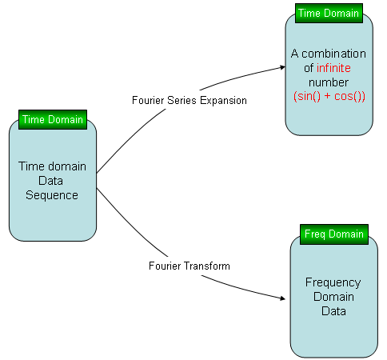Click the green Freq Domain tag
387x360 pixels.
tap(334, 234)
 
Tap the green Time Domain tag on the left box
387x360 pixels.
tap(53, 120)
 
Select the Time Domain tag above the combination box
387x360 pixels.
tap(329, 14)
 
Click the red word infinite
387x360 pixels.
tap(333, 68)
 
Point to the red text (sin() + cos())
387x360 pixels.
tap(329, 96)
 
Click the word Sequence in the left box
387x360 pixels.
tap(52, 196)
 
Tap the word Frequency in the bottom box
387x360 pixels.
tap(333, 283)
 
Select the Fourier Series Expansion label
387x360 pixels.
tap(190, 101)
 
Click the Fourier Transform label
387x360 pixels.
tap(190, 266)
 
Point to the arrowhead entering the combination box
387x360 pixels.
tap(283, 67)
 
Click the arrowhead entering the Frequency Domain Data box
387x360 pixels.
tap(283, 298)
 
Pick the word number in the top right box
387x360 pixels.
tap(329, 82)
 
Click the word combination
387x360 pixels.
tap(333, 54)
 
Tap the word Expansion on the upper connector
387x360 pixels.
tap(223, 101)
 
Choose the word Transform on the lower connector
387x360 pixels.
tap(206, 266)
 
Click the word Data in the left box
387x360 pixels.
tap(50, 181)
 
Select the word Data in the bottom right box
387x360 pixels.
tap(333, 311)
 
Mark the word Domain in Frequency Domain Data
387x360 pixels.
tap(333, 297)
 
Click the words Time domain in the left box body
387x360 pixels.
tap(52, 166)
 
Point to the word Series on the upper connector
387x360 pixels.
tap(182, 101)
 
